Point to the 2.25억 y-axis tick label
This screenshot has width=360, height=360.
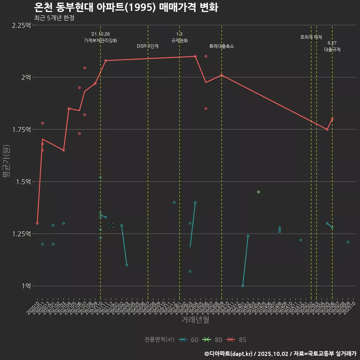pyautogui.click(x=21, y=25)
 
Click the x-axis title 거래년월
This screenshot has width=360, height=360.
pyautogui.click(x=195, y=319)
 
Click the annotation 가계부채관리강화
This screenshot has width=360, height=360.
pyautogui.click(x=100, y=40)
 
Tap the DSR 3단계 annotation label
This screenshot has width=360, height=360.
pyautogui.click(x=148, y=46)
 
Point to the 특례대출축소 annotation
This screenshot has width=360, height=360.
pyautogui.click(x=222, y=46)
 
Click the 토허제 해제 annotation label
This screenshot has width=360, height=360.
pyautogui.click(x=311, y=37)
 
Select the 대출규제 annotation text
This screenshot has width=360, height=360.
pyautogui.click(x=332, y=49)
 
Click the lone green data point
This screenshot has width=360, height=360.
pyautogui.click(x=258, y=192)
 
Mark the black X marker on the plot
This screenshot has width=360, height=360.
pyautogui.click(x=111, y=225)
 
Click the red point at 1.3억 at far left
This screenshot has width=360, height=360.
pyautogui.click(x=37, y=223)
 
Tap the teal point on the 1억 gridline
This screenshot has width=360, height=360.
pyautogui.click(x=243, y=286)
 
